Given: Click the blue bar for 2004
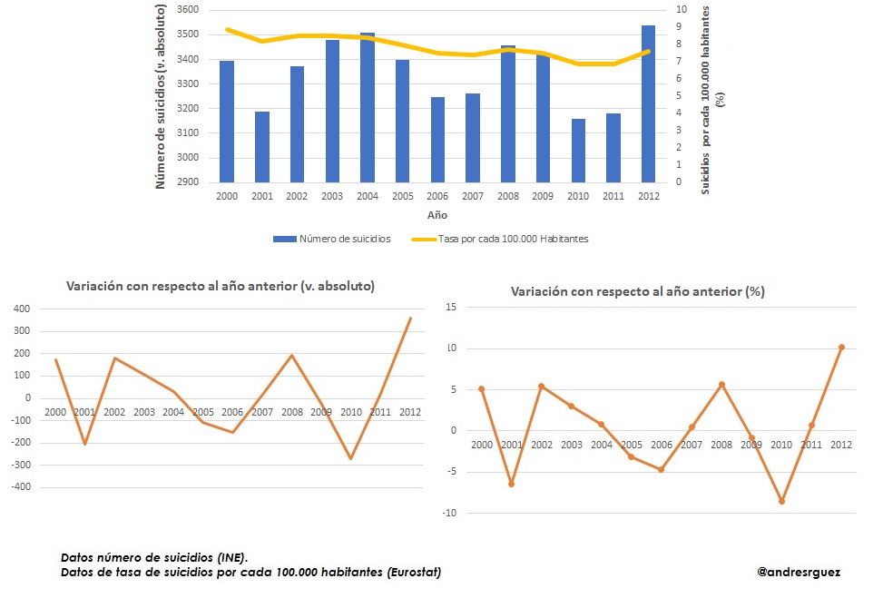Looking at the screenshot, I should point(368,108).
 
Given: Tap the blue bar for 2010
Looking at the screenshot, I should point(578,151).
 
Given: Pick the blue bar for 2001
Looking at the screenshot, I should point(262,147).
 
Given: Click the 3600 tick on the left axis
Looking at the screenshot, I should point(187,10).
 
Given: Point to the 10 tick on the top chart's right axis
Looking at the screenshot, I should point(680,10).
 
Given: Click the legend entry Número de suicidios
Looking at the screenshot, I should point(331,239).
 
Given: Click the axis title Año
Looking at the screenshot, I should point(436,216).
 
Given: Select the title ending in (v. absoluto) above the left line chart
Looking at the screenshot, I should point(221,286).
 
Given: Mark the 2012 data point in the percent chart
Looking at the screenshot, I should point(841,347).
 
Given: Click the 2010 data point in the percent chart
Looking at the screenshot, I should point(781,501).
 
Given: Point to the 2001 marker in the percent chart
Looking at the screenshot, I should point(511,484).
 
